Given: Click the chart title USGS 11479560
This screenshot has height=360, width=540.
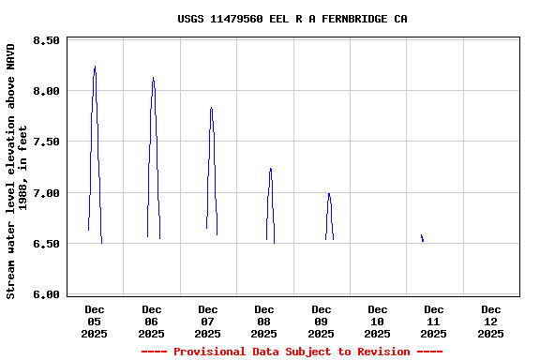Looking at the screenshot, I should [x=292, y=19].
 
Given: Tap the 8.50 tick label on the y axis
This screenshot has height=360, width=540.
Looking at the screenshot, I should [x=46, y=40].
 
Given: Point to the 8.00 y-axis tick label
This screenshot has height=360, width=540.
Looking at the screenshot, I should [x=46, y=91].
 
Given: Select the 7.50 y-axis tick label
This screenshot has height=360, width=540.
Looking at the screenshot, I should [x=46, y=142].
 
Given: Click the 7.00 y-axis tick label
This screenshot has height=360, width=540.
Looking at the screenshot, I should [x=46, y=193].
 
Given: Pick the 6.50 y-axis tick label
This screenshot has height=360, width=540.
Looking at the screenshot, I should [x=46, y=244].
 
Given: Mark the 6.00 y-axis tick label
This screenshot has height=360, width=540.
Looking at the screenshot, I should [x=46, y=294].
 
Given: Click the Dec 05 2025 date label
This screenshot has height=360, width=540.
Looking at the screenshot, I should [x=95, y=321].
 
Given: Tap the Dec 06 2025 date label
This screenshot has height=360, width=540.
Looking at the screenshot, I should [x=151, y=321].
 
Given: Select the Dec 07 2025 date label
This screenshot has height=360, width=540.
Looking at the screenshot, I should [x=208, y=321].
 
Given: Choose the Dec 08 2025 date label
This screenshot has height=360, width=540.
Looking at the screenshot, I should [x=264, y=321].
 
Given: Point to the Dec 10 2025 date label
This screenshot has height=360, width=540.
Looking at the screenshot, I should [x=378, y=321].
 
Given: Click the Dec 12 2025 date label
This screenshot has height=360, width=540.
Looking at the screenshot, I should [x=490, y=321].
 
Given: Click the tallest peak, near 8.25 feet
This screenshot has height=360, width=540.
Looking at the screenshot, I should [x=95, y=67].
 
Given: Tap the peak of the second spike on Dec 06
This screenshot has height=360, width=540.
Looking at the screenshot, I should [x=153, y=79].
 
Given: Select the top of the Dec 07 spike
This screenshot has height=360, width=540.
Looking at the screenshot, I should [x=211, y=108].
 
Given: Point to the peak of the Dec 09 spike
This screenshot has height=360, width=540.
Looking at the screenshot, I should [x=328, y=193].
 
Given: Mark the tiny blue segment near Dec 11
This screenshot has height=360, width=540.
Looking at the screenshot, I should [x=422, y=238].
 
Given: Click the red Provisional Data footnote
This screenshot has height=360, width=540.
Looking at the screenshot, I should [x=292, y=352].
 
